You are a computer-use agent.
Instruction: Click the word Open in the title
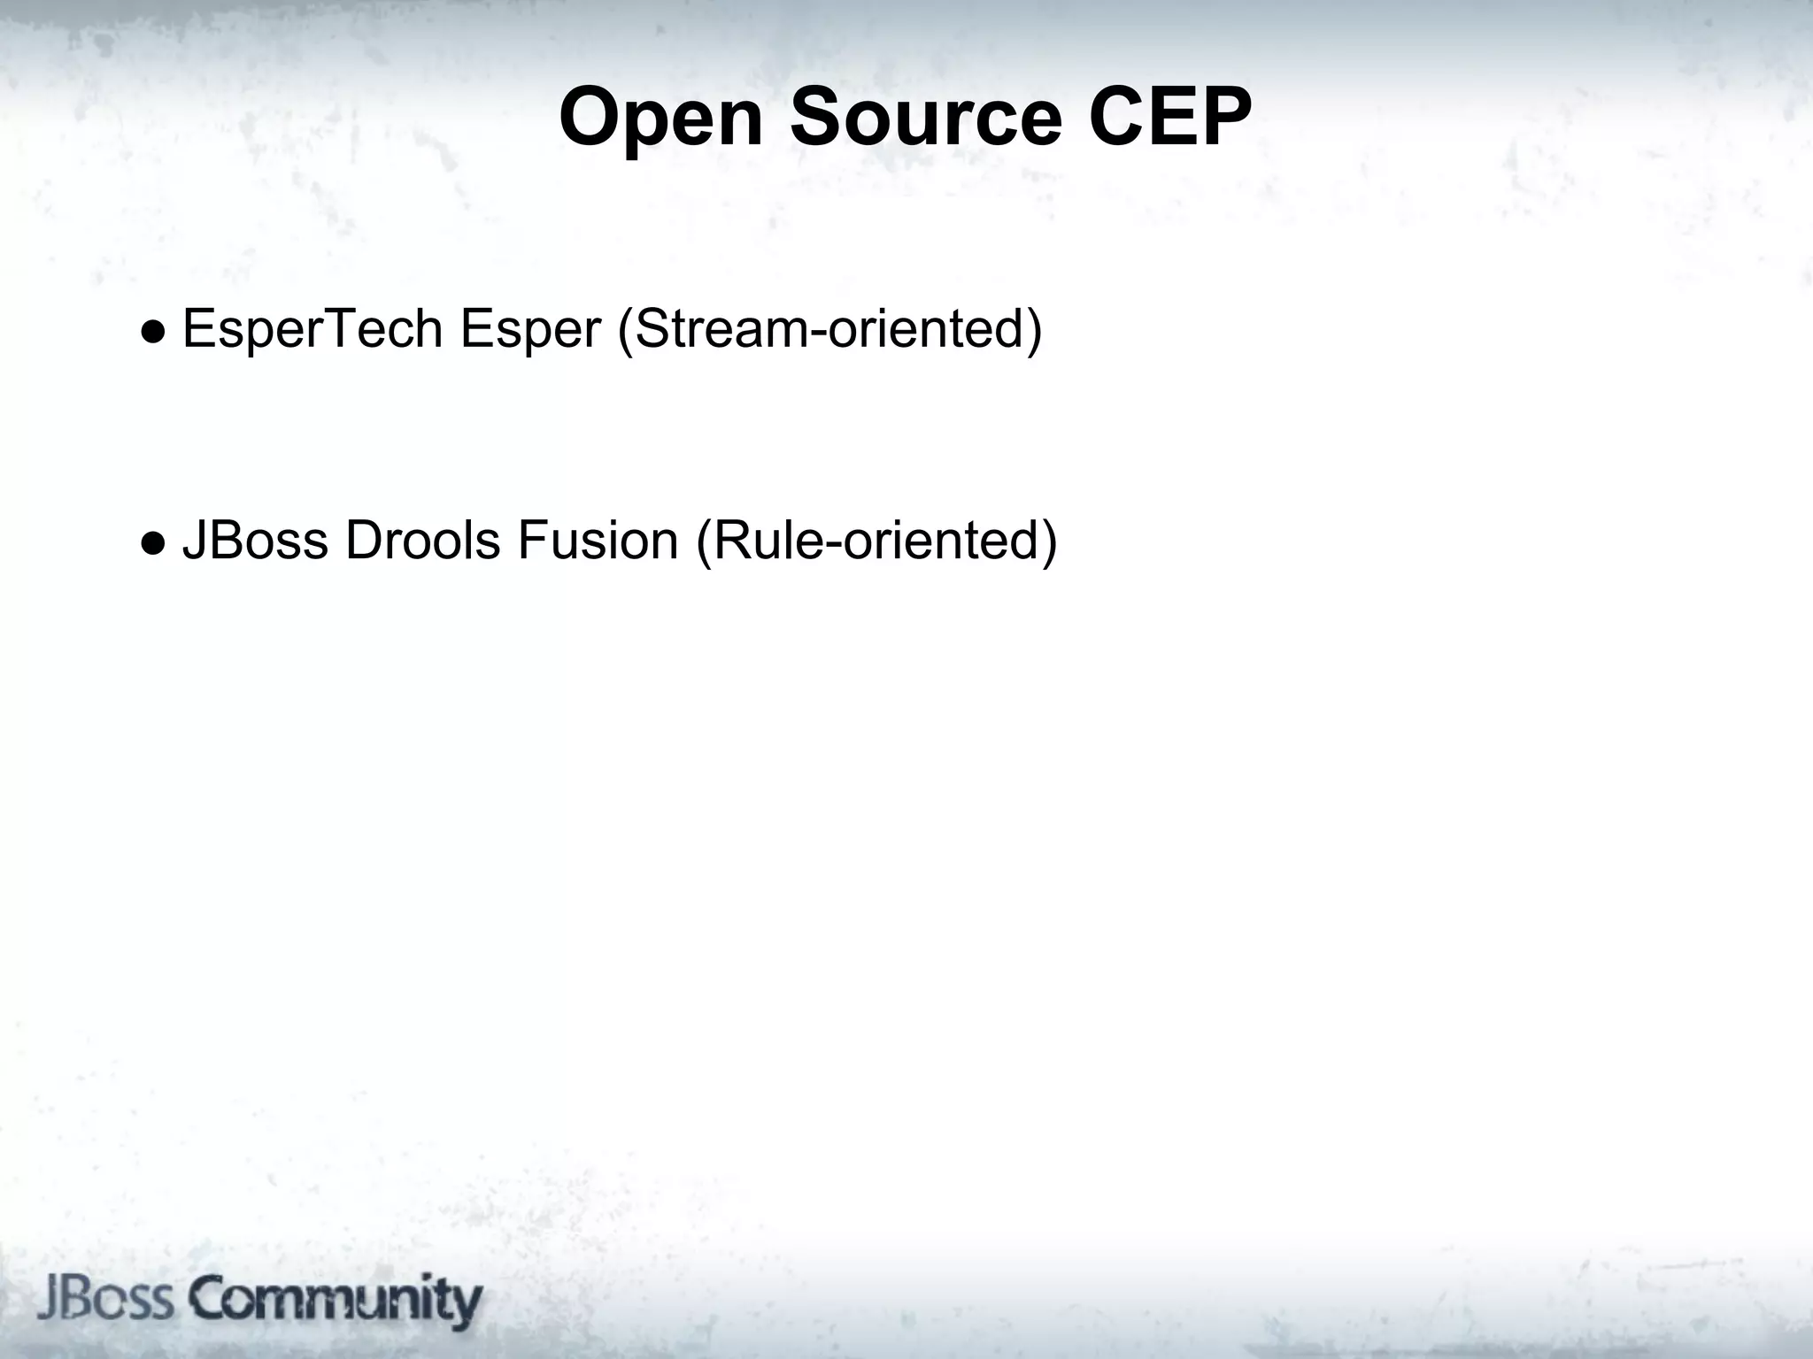point(660,119)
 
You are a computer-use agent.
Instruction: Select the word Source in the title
point(925,119)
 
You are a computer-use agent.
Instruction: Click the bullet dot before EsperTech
point(153,331)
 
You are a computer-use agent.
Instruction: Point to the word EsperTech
point(312,329)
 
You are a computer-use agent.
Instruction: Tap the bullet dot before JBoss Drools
point(153,542)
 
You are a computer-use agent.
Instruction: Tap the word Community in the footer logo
point(336,1301)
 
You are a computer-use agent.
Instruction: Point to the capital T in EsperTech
point(342,329)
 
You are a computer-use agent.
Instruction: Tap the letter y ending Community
point(466,1304)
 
